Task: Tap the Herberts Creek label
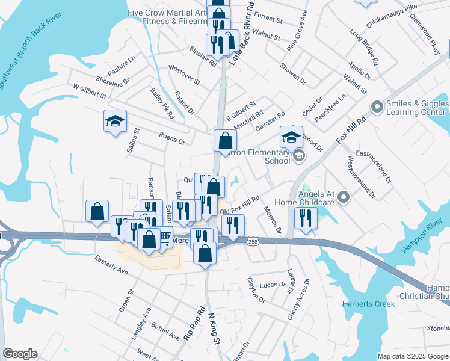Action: tap(369, 304)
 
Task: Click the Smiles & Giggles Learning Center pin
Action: tap(377, 108)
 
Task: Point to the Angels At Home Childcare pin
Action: tap(344, 197)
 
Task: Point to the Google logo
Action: tap(20, 354)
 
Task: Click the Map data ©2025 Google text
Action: tap(413, 356)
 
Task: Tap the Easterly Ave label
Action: tap(111, 265)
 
